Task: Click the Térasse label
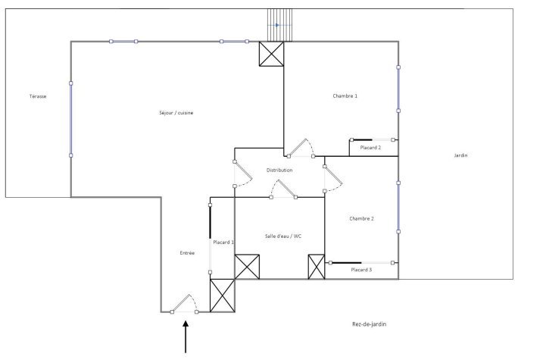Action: [38, 96]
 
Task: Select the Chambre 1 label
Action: [345, 96]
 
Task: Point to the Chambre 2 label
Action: [362, 219]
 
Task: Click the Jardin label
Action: [460, 155]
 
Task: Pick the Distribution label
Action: [279, 171]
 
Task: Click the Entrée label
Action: [187, 252]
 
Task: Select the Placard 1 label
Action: [223, 243]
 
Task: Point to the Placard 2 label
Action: [370, 148]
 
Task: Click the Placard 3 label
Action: [361, 270]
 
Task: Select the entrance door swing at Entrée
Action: [183, 304]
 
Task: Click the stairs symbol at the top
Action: [277, 25]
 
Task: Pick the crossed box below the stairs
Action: [272, 53]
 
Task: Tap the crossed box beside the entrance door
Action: [223, 296]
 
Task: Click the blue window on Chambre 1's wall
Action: [398, 89]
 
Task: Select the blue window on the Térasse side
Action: [71, 119]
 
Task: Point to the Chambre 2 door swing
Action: [333, 179]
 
